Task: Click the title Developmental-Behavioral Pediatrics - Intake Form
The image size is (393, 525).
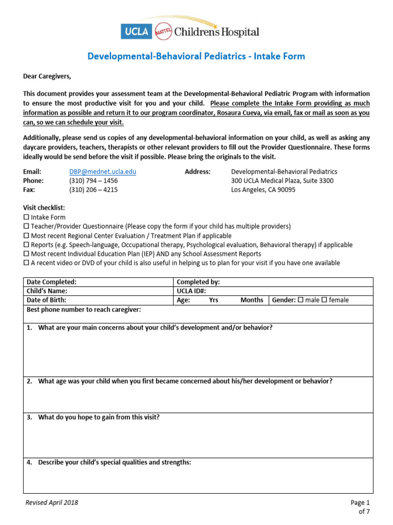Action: click(196, 56)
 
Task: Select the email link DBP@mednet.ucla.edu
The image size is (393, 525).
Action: click(102, 172)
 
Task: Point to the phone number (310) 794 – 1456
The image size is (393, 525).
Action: click(93, 180)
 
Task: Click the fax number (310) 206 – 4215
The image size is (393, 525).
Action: click(93, 189)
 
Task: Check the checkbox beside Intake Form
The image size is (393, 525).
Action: click(27, 217)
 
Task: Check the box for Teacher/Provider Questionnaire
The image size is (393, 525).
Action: click(27, 226)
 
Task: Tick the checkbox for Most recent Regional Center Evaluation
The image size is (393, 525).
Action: click(27, 235)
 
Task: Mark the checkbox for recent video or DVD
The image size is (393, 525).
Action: click(27, 263)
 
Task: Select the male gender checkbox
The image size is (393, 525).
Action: click(300, 300)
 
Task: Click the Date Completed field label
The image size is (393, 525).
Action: click(51, 282)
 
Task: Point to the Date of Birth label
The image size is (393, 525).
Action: click(46, 300)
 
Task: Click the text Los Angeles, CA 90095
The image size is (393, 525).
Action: click(263, 189)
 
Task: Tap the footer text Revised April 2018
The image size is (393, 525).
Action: click(52, 502)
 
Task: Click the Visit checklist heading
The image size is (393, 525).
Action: click(44, 208)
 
